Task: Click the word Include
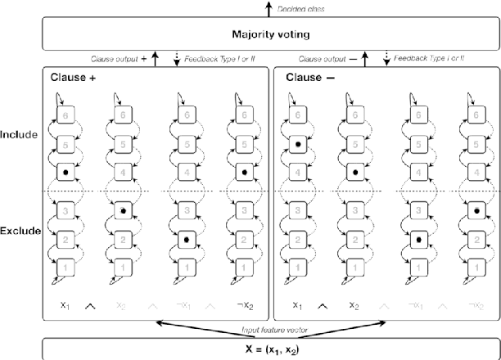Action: click(20, 133)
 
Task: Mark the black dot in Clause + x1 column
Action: click(64, 173)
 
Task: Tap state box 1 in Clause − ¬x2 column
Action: click(476, 267)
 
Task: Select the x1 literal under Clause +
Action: click(63, 305)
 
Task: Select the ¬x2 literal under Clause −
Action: click(474, 305)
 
